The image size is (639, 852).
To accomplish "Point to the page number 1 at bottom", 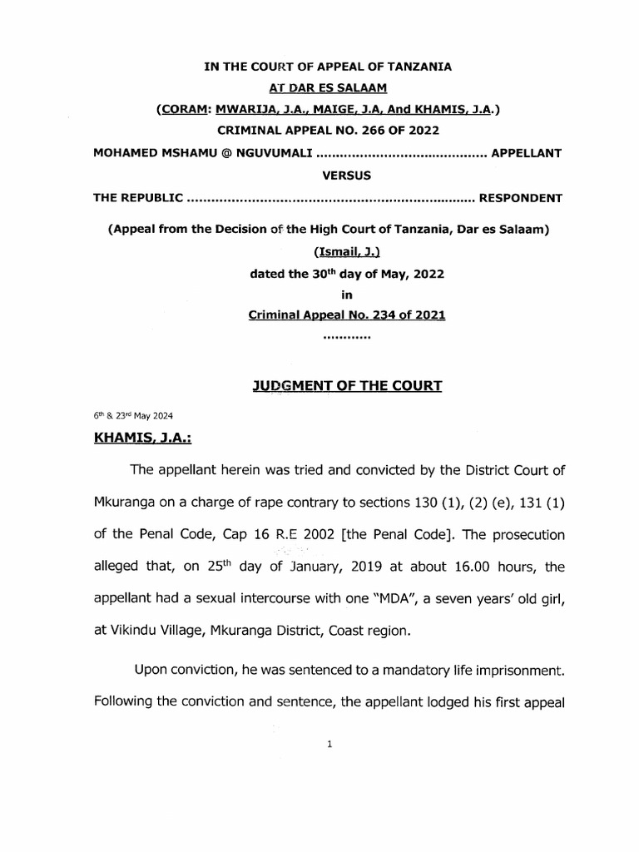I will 329,745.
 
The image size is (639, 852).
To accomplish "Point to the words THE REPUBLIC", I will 137,199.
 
